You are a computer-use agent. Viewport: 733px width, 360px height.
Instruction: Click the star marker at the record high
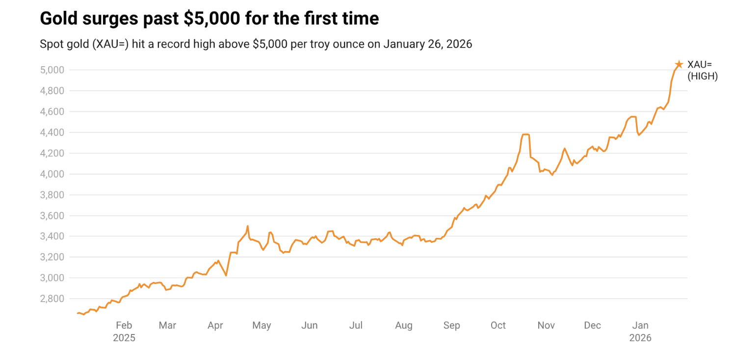pos(679,64)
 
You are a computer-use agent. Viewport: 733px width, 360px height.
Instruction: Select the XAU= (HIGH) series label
pos(702,70)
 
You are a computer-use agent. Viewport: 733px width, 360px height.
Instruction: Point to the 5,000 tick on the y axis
pos(51,70)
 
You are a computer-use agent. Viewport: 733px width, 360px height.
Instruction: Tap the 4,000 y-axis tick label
pos(51,174)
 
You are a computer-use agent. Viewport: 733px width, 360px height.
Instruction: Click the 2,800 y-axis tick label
pos(51,299)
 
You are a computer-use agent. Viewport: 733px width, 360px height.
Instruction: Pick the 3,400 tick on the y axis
pos(51,236)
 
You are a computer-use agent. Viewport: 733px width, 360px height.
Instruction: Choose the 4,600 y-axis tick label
pos(51,112)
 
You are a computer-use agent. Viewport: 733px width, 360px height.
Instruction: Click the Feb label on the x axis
pos(124,325)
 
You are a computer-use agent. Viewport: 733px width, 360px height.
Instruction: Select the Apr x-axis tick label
pos(215,325)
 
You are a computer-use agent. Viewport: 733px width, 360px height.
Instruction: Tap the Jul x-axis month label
pos(356,325)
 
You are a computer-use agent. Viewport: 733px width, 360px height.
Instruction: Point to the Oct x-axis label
pos(498,325)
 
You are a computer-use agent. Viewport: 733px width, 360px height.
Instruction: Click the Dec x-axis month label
pos(592,325)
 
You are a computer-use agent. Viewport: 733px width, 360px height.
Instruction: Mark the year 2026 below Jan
pos(640,338)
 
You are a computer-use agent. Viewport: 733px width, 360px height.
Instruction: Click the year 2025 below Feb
pos(124,338)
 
